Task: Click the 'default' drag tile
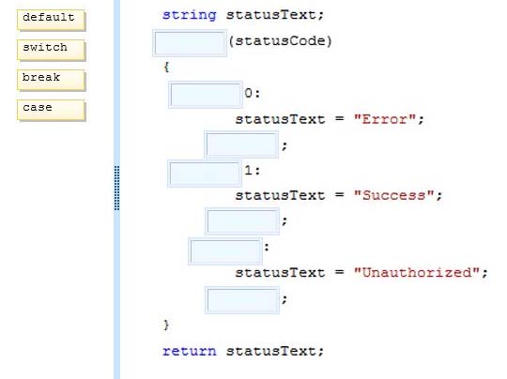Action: tap(51, 20)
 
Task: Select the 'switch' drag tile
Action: tap(51, 50)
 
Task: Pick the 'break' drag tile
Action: tap(51, 80)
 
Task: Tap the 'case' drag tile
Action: tap(51, 110)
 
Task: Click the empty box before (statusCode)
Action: tap(190, 43)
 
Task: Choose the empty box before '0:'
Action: tap(206, 95)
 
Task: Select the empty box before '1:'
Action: tap(205, 174)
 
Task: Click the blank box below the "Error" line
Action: tap(241, 144)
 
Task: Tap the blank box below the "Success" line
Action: tap(242, 221)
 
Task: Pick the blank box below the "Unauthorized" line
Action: tap(242, 300)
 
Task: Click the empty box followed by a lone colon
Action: tap(225, 251)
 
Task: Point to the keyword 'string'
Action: tap(189, 15)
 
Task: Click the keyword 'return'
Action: tap(189, 351)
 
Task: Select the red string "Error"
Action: tap(384, 119)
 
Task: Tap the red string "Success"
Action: tap(393, 195)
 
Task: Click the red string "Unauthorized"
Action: tap(417, 272)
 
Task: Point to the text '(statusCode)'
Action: tap(280, 41)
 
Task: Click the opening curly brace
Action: tap(166, 68)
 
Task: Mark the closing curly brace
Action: tap(166, 325)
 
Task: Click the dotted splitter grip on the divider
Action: tap(117, 188)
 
